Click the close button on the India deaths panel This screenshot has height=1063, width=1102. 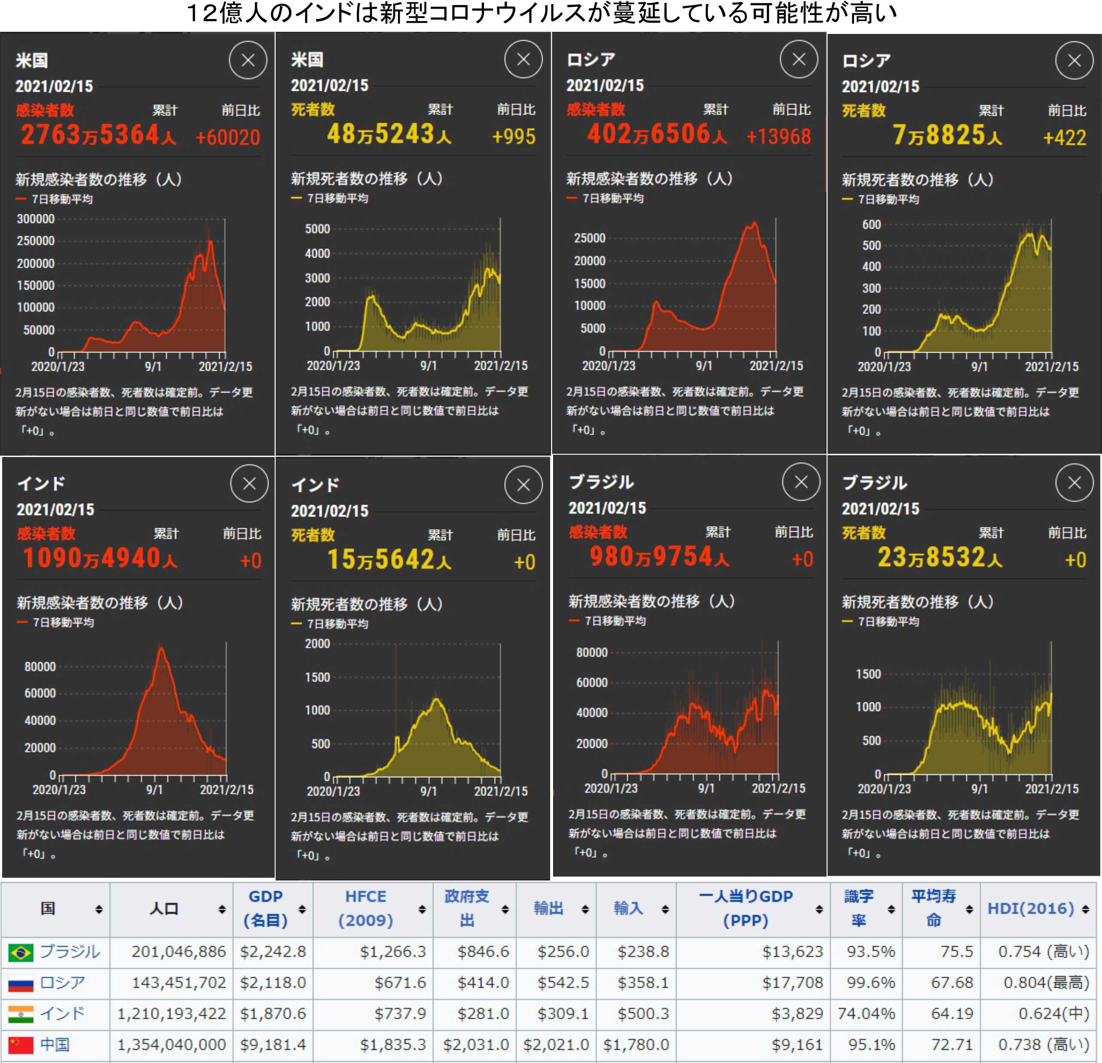523,485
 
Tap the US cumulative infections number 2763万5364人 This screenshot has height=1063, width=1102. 98,135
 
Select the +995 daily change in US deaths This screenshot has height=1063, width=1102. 513,137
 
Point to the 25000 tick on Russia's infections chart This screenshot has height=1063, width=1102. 589,238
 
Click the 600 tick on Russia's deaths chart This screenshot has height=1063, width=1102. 872,225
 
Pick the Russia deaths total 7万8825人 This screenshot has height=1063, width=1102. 947,135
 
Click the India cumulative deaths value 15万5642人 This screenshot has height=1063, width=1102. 389,560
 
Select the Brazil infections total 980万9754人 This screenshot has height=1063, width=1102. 659,557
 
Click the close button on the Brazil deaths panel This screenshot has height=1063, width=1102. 1074,483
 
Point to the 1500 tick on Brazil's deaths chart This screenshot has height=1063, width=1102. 868,674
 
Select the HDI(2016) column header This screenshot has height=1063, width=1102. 1031,908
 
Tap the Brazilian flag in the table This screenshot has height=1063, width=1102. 21,952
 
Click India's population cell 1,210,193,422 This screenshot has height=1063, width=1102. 171,1014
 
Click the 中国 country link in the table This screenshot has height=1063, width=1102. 55,1045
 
